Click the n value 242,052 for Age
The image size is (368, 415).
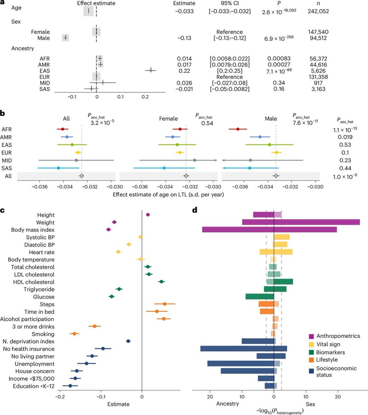click(318, 11)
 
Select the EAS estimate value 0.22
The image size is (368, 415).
click(184, 71)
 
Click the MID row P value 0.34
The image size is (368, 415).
click(279, 83)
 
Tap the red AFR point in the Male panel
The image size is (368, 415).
click(238, 129)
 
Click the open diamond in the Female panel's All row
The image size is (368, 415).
click(186, 176)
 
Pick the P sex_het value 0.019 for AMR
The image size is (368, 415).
click(345, 137)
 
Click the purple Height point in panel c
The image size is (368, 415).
click(148, 215)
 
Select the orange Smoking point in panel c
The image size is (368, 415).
click(74, 333)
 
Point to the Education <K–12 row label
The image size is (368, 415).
click(34, 386)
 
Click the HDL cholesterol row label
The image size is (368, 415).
click(34, 282)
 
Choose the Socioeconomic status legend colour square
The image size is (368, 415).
click(311, 371)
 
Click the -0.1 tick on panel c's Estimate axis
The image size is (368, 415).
click(101, 397)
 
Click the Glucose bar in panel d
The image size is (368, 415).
click(259, 297)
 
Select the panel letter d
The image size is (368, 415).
click(195, 210)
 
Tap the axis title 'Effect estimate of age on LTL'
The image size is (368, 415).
click(168, 195)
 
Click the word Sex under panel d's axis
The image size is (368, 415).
click(310, 404)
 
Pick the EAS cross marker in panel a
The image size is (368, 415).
click(151, 71)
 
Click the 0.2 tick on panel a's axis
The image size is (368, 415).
click(145, 97)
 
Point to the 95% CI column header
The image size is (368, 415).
click(230, 3)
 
